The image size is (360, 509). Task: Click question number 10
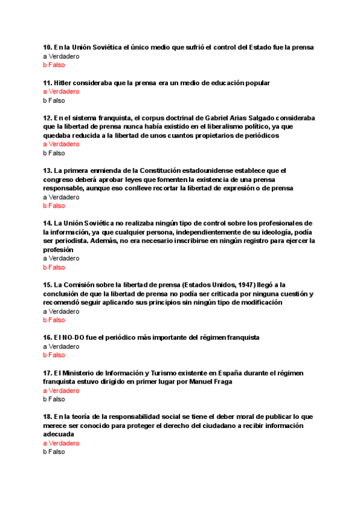point(47,47)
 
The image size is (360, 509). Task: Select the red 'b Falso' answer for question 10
point(54,65)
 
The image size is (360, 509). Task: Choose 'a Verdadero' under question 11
point(61,91)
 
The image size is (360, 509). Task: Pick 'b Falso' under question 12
point(54,153)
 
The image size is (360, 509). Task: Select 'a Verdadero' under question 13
point(61,197)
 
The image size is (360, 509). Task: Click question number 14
point(47,223)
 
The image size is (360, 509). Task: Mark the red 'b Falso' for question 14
point(54,267)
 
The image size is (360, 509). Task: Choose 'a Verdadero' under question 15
point(61,312)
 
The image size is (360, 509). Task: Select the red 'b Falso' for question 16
point(54,355)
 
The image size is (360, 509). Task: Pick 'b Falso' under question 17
point(54,399)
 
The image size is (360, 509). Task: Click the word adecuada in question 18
point(59,434)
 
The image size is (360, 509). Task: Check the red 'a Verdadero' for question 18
point(61,443)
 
